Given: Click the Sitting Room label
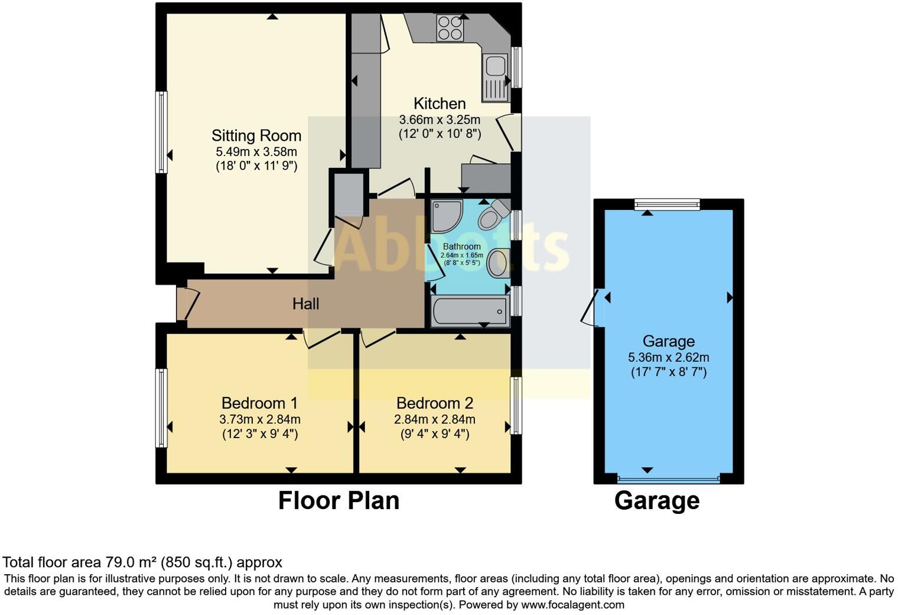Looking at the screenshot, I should point(256,135).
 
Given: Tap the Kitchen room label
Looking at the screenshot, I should point(440,103).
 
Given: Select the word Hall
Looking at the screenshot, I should point(305,304).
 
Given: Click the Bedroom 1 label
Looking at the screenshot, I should point(259,403).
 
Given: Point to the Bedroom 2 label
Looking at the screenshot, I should point(435,403).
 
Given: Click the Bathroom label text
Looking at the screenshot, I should point(461,247).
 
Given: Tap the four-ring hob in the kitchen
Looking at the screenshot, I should point(450,28).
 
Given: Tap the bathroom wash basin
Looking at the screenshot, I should point(497,263).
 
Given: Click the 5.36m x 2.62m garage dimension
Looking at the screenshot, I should point(668,357).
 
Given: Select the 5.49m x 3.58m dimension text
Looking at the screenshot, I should point(256,152).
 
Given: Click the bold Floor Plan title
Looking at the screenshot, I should point(339,500).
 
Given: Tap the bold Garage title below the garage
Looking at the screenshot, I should point(657,500).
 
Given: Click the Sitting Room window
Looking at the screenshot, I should point(161,132).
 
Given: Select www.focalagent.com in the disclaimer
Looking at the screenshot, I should point(572,604).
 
